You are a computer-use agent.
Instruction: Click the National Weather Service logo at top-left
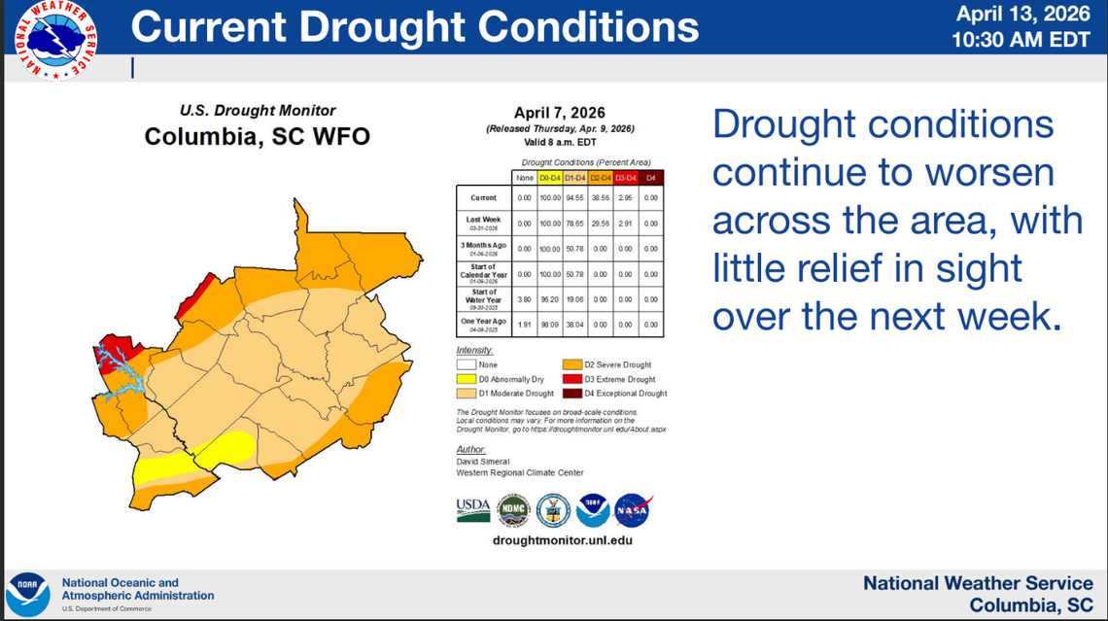tap(55, 40)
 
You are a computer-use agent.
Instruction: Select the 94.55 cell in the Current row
tap(575, 198)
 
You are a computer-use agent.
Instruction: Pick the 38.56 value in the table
tap(601, 198)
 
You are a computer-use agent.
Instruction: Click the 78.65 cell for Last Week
tap(575, 224)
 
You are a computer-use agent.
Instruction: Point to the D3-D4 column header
tap(625, 178)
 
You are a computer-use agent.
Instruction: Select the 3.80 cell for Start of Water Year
tap(525, 300)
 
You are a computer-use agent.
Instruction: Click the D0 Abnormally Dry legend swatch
tap(466, 379)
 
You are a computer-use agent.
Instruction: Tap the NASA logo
tap(633, 510)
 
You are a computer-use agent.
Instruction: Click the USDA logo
tap(472, 509)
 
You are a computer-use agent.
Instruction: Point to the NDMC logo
tap(513, 510)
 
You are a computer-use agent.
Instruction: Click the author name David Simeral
tap(483, 462)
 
